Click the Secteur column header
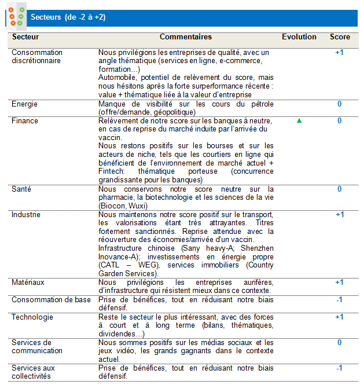tap(22, 37)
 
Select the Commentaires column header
tap(186, 37)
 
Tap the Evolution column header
tap(299, 37)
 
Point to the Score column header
tap(340, 37)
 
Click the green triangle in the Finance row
tap(299, 121)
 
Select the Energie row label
tap(25, 104)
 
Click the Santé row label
tap(21, 189)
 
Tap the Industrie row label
tap(25, 214)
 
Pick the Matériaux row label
tap(28, 282)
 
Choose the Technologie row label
tap(32, 317)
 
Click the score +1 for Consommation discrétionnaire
tap(339, 53)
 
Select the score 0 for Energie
tap(340, 104)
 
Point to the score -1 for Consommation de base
tap(340, 300)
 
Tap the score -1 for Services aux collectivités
tap(340, 368)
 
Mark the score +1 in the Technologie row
tap(339, 317)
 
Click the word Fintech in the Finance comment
tap(110, 171)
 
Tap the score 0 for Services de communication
tap(340, 343)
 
